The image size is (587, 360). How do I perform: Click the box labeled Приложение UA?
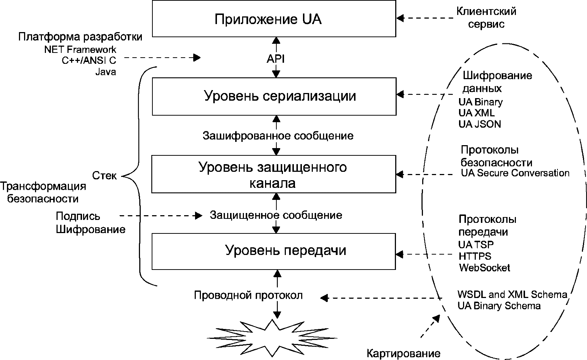coord(274,19)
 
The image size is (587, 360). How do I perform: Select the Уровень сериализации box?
coord(274,96)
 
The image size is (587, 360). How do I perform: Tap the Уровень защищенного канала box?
coord(273,174)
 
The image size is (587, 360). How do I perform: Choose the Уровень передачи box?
coord(273,251)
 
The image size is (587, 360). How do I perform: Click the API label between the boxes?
coord(276,59)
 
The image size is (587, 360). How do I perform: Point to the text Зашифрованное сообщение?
coord(278,136)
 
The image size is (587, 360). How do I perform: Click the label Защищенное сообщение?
coord(276,215)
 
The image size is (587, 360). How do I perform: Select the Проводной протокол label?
coord(248,295)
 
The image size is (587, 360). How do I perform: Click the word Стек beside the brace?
coord(104,175)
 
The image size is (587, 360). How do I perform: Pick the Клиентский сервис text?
coord(486,18)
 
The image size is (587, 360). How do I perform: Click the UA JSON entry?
coord(479,124)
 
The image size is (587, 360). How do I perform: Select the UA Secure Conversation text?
coord(515,173)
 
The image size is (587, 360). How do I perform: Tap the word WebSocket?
coord(484,268)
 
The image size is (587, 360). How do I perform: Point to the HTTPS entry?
coord(475,256)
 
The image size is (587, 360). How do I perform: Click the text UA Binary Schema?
coord(499,306)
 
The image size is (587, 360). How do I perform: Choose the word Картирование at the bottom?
coord(403,353)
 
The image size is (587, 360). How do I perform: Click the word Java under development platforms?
coord(106,72)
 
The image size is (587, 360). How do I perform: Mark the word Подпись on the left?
coord(78,216)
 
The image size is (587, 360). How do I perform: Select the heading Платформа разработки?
coord(80,37)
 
